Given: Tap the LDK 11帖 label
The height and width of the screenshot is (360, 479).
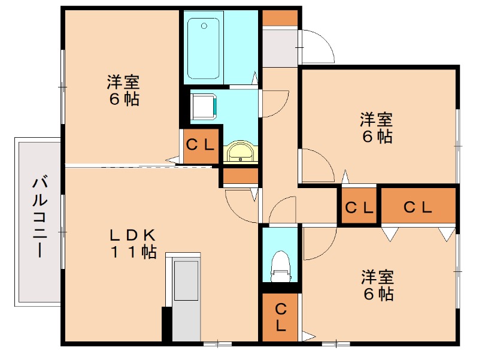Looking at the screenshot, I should tap(132, 243).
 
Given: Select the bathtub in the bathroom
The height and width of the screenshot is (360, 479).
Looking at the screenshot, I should tap(203, 48).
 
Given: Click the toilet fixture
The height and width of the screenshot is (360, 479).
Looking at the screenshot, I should tap(280, 266).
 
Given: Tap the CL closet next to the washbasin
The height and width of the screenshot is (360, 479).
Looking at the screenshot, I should tap(200, 145).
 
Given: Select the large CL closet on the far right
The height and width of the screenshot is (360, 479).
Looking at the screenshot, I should tap(418, 207).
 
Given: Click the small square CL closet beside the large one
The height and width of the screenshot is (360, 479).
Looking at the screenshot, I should tap(358, 207).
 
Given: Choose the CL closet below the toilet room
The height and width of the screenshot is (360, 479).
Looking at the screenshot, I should tap(280, 317).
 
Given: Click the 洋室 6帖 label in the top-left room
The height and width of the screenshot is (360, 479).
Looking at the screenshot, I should tap(124, 90).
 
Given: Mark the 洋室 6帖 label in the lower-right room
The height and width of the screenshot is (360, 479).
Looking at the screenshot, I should tap(377, 286).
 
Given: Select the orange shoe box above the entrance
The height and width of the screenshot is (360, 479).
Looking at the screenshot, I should tap(280, 17).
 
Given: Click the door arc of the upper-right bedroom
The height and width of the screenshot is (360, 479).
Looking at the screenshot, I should tap(318, 165).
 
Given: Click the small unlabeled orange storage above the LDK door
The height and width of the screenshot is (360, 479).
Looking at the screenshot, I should tap(240, 176).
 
